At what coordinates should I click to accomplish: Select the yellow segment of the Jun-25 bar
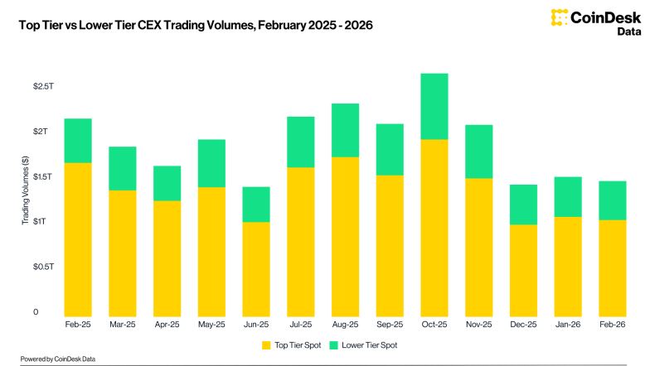tap(257, 268)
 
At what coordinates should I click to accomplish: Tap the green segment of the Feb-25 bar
tap(78, 141)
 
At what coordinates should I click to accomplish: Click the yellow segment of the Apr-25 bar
tap(167, 258)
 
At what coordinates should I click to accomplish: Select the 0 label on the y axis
tap(36, 312)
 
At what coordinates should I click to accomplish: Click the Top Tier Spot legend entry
tap(291, 344)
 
